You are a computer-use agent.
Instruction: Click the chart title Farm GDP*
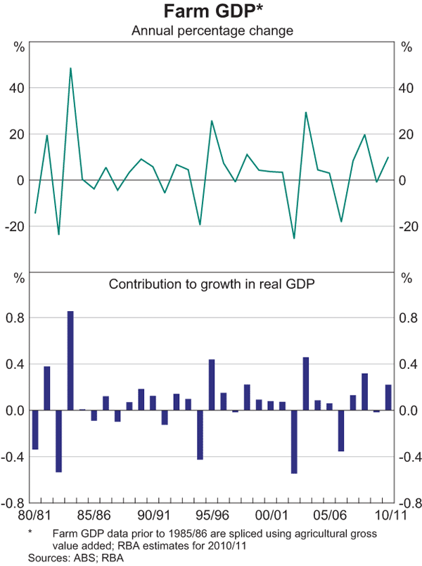pyautogui.click(x=211, y=12)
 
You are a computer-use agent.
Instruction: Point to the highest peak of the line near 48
pyautogui.click(x=70, y=68)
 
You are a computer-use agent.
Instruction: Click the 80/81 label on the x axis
pyautogui.click(x=35, y=516)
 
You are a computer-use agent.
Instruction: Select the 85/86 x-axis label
pyautogui.click(x=94, y=516)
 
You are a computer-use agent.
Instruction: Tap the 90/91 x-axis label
pyautogui.click(x=153, y=516)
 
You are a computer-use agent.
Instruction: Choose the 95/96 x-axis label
pyautogui.click(x=212, y=516)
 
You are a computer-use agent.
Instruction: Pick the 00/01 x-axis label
pyautogui.click(x=271, y=516)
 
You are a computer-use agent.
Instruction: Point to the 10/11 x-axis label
pyautogui.click(x=388, y=516)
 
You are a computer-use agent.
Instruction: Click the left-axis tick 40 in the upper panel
pyautogui.click(x=18, y=88)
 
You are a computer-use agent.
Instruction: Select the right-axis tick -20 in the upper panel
pyautogui.click(x=405, y=227)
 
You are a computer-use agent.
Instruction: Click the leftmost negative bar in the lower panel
pyautogui.click(x=35, y=429)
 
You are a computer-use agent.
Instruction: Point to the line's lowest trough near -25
pyautogui.click(x=294, y=238)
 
